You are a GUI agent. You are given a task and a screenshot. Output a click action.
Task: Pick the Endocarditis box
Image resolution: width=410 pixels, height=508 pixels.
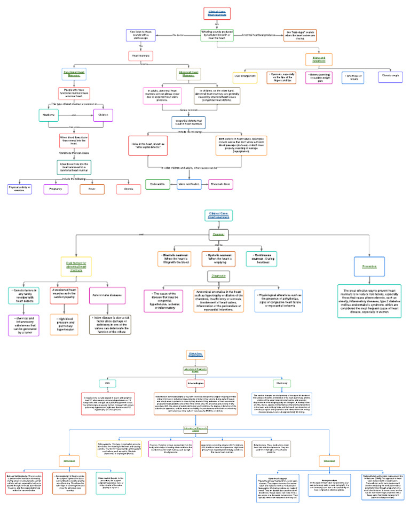click(x=157, y=184)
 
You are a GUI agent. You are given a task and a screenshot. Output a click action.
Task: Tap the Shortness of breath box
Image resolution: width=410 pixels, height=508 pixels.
click(x=352, y=77)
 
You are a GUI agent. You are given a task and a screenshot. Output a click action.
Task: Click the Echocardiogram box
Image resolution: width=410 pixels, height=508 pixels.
click(x=197, y=384)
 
